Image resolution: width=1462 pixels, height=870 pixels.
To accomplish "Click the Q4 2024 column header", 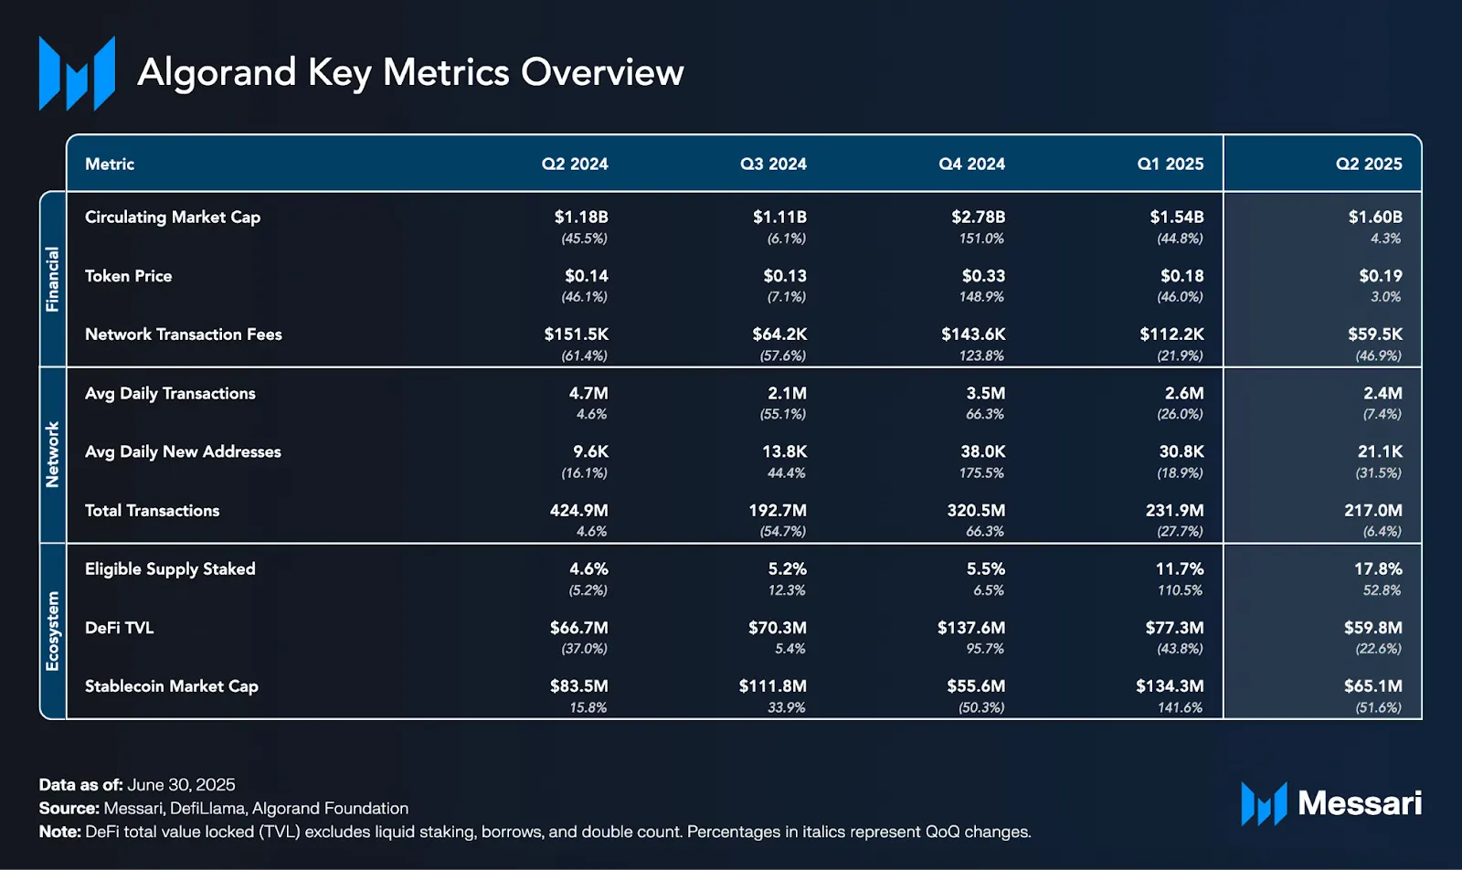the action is (x=971, y=164).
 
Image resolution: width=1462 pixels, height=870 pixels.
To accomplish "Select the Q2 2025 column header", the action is (x=1369, y=164).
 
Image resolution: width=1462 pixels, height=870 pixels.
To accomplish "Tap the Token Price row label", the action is (x=129, y=276).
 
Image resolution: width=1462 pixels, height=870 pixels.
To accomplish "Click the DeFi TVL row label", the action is (x=120, y=628).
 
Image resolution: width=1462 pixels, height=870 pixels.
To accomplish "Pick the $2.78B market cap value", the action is (x=978, y=217).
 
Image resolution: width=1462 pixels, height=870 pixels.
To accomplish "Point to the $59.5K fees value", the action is (x=1375, y=334).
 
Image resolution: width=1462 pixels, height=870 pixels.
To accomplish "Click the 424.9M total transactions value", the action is (x=579, y=510).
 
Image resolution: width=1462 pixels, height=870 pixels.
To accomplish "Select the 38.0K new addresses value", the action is (x=983, y=451).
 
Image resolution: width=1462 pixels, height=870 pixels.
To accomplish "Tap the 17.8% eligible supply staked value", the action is (x=1378, y=569).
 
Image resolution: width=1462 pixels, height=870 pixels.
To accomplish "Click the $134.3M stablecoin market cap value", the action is (x=1170, y=686).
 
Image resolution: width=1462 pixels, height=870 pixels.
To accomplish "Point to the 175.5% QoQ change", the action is (x=981, y=472).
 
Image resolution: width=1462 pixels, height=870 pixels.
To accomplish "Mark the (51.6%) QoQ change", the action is (x=1379, y=707).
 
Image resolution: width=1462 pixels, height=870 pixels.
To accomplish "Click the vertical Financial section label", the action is (x=52, y=279).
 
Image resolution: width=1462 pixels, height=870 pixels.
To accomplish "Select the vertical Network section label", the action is (x=52, y=454).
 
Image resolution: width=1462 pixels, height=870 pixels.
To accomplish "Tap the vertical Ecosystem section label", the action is (x=52, y=631).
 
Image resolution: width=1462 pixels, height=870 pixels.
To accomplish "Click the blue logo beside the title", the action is (x=77, y=73).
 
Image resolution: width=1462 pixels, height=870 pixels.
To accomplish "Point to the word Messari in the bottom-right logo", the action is (x=1360, y=802).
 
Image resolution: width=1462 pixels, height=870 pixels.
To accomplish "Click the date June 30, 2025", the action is (x=181, y=784).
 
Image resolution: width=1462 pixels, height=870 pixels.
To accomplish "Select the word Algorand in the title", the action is (x=217, y=72).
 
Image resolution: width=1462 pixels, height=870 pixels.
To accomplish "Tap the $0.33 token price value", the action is (x=983, y=276).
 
